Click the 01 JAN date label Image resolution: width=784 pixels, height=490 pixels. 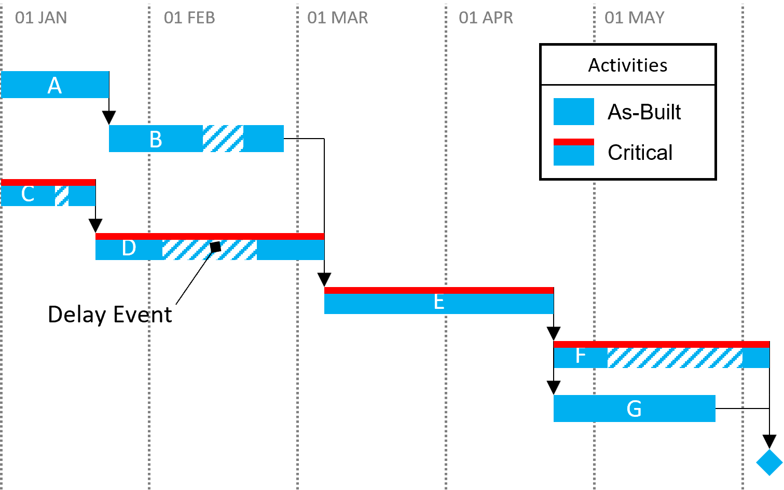41,18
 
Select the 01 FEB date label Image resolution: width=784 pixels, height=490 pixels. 189,18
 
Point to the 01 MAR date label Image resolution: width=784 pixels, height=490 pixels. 337,18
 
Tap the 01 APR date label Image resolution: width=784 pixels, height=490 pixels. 486,18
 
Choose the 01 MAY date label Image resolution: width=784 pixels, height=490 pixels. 634,18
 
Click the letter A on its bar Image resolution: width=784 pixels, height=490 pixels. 54,86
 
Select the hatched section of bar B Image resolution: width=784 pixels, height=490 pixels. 223,139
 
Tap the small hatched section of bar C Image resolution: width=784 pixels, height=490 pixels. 62,196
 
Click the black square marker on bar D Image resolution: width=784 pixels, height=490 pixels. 215,247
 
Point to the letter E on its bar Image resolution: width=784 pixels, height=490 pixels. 439,302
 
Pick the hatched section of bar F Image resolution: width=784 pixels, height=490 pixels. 675,358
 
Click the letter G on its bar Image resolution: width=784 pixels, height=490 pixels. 634,409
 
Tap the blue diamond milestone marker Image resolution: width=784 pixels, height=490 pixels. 769,462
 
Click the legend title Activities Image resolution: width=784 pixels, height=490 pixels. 628,65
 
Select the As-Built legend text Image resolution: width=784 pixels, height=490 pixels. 644,112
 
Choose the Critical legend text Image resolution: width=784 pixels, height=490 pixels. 640,153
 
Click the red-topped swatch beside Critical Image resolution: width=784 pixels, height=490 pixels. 573,152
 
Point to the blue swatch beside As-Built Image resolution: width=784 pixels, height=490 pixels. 573,112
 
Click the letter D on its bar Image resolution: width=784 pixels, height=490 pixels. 129,248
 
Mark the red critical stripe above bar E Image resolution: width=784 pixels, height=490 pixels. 439,290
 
